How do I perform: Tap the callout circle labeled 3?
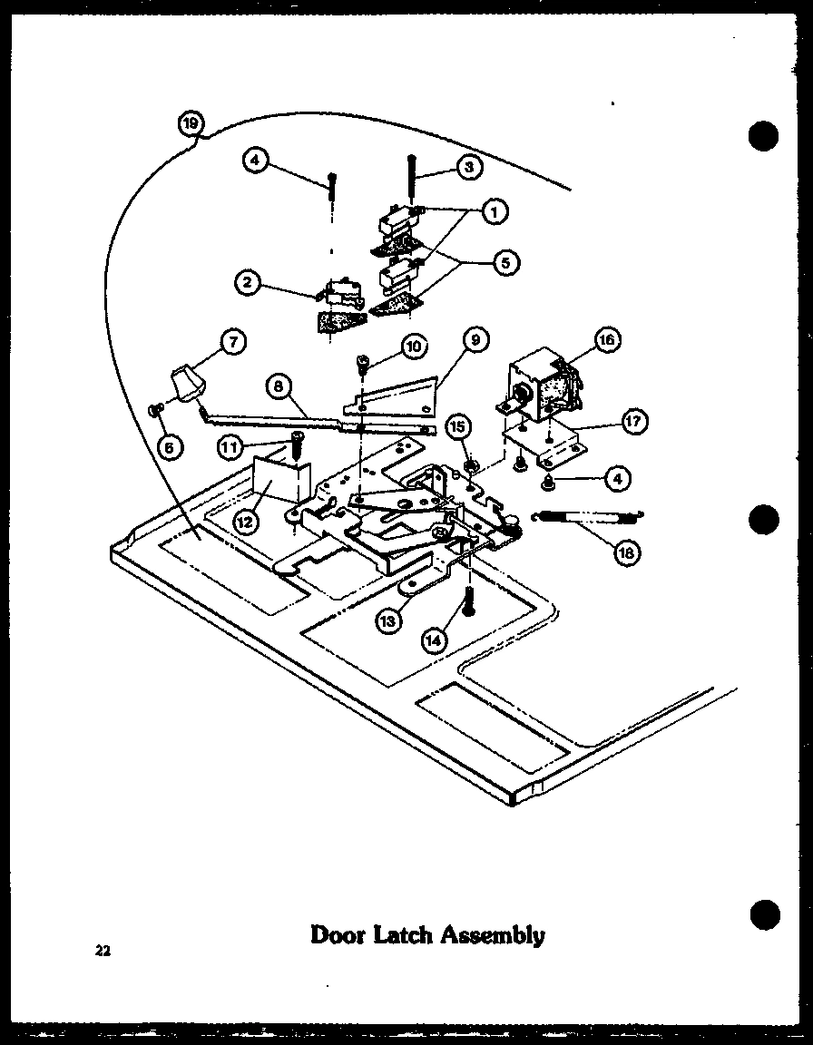point(469,167)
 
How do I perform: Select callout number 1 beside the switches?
point(493,211)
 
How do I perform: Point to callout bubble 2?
point(246,282)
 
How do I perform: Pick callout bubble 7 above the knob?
point(233,342)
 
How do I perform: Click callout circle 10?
point(412,346)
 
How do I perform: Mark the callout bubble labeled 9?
point(473,341)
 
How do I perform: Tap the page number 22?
point(101,951)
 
